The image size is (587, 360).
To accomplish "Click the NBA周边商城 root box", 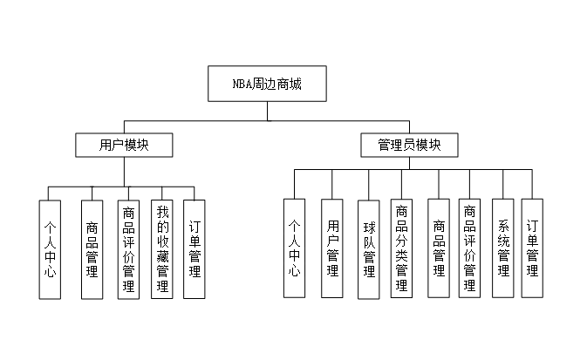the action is point(267,84).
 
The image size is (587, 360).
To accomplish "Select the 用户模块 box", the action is point(124,145).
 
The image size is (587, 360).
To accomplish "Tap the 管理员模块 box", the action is point(409,145).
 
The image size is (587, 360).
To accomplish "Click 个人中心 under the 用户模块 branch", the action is point(50,248).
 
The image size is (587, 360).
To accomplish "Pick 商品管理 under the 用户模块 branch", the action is point(92,248).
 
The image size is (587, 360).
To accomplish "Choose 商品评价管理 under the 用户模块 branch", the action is point(129,248).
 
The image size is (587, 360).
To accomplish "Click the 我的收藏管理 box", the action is point(162,248).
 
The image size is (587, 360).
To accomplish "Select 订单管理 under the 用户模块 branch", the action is point(195,248).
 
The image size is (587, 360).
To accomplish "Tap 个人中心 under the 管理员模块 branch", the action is point(295,248).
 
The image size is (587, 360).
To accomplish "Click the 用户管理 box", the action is point(331,248).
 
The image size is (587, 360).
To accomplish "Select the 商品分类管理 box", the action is point(401,248).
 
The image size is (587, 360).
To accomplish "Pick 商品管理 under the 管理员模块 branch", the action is point(439,248).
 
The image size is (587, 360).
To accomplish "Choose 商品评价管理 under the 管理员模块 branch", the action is point(469,248).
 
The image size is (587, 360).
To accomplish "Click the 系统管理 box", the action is point(502,248).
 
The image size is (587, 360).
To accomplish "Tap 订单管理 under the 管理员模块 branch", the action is point(532,248).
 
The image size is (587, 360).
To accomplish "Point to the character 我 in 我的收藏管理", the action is point(162,212).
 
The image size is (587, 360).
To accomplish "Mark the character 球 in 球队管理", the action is point(368,228).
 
